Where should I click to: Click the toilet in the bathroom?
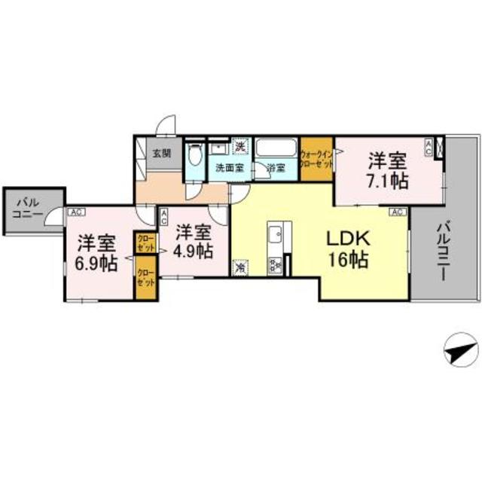(195, 156)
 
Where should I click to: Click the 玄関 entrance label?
(162, 153)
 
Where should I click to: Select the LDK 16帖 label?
(347, 249)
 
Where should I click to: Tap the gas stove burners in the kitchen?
(275, 264)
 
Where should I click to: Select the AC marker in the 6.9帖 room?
(75, 212)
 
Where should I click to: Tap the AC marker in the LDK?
(398, 212)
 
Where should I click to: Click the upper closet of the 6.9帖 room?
(145, 243)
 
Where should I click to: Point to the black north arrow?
(459, 349)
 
